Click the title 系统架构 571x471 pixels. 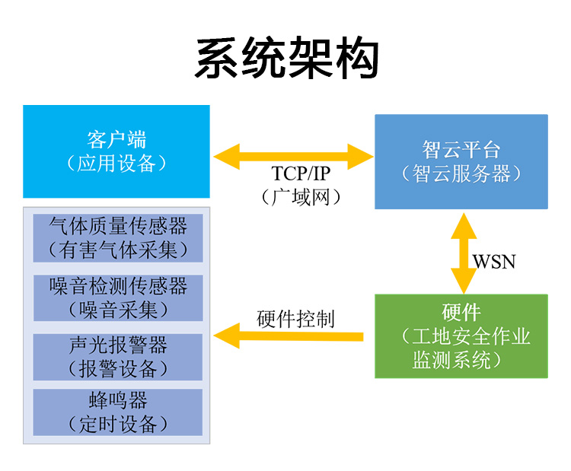287,58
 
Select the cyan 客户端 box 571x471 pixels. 116,151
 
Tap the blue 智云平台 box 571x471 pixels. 461,161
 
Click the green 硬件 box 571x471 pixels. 461,336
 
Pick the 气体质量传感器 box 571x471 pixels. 118,238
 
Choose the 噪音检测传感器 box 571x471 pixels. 118,298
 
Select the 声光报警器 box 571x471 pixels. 118,357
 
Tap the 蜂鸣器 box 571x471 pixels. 118,412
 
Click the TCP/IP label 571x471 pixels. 301,173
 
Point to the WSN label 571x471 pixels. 494,261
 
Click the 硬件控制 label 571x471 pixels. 295,319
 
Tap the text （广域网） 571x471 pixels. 301,197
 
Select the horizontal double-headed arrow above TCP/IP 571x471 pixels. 294,157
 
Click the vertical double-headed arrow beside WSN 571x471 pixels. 464,253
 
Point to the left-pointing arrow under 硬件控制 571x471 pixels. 289,336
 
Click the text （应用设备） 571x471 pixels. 116,163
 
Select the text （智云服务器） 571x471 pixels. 461,173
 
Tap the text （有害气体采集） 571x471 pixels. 118,250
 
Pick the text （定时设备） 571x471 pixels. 118,424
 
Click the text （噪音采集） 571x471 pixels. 118,310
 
